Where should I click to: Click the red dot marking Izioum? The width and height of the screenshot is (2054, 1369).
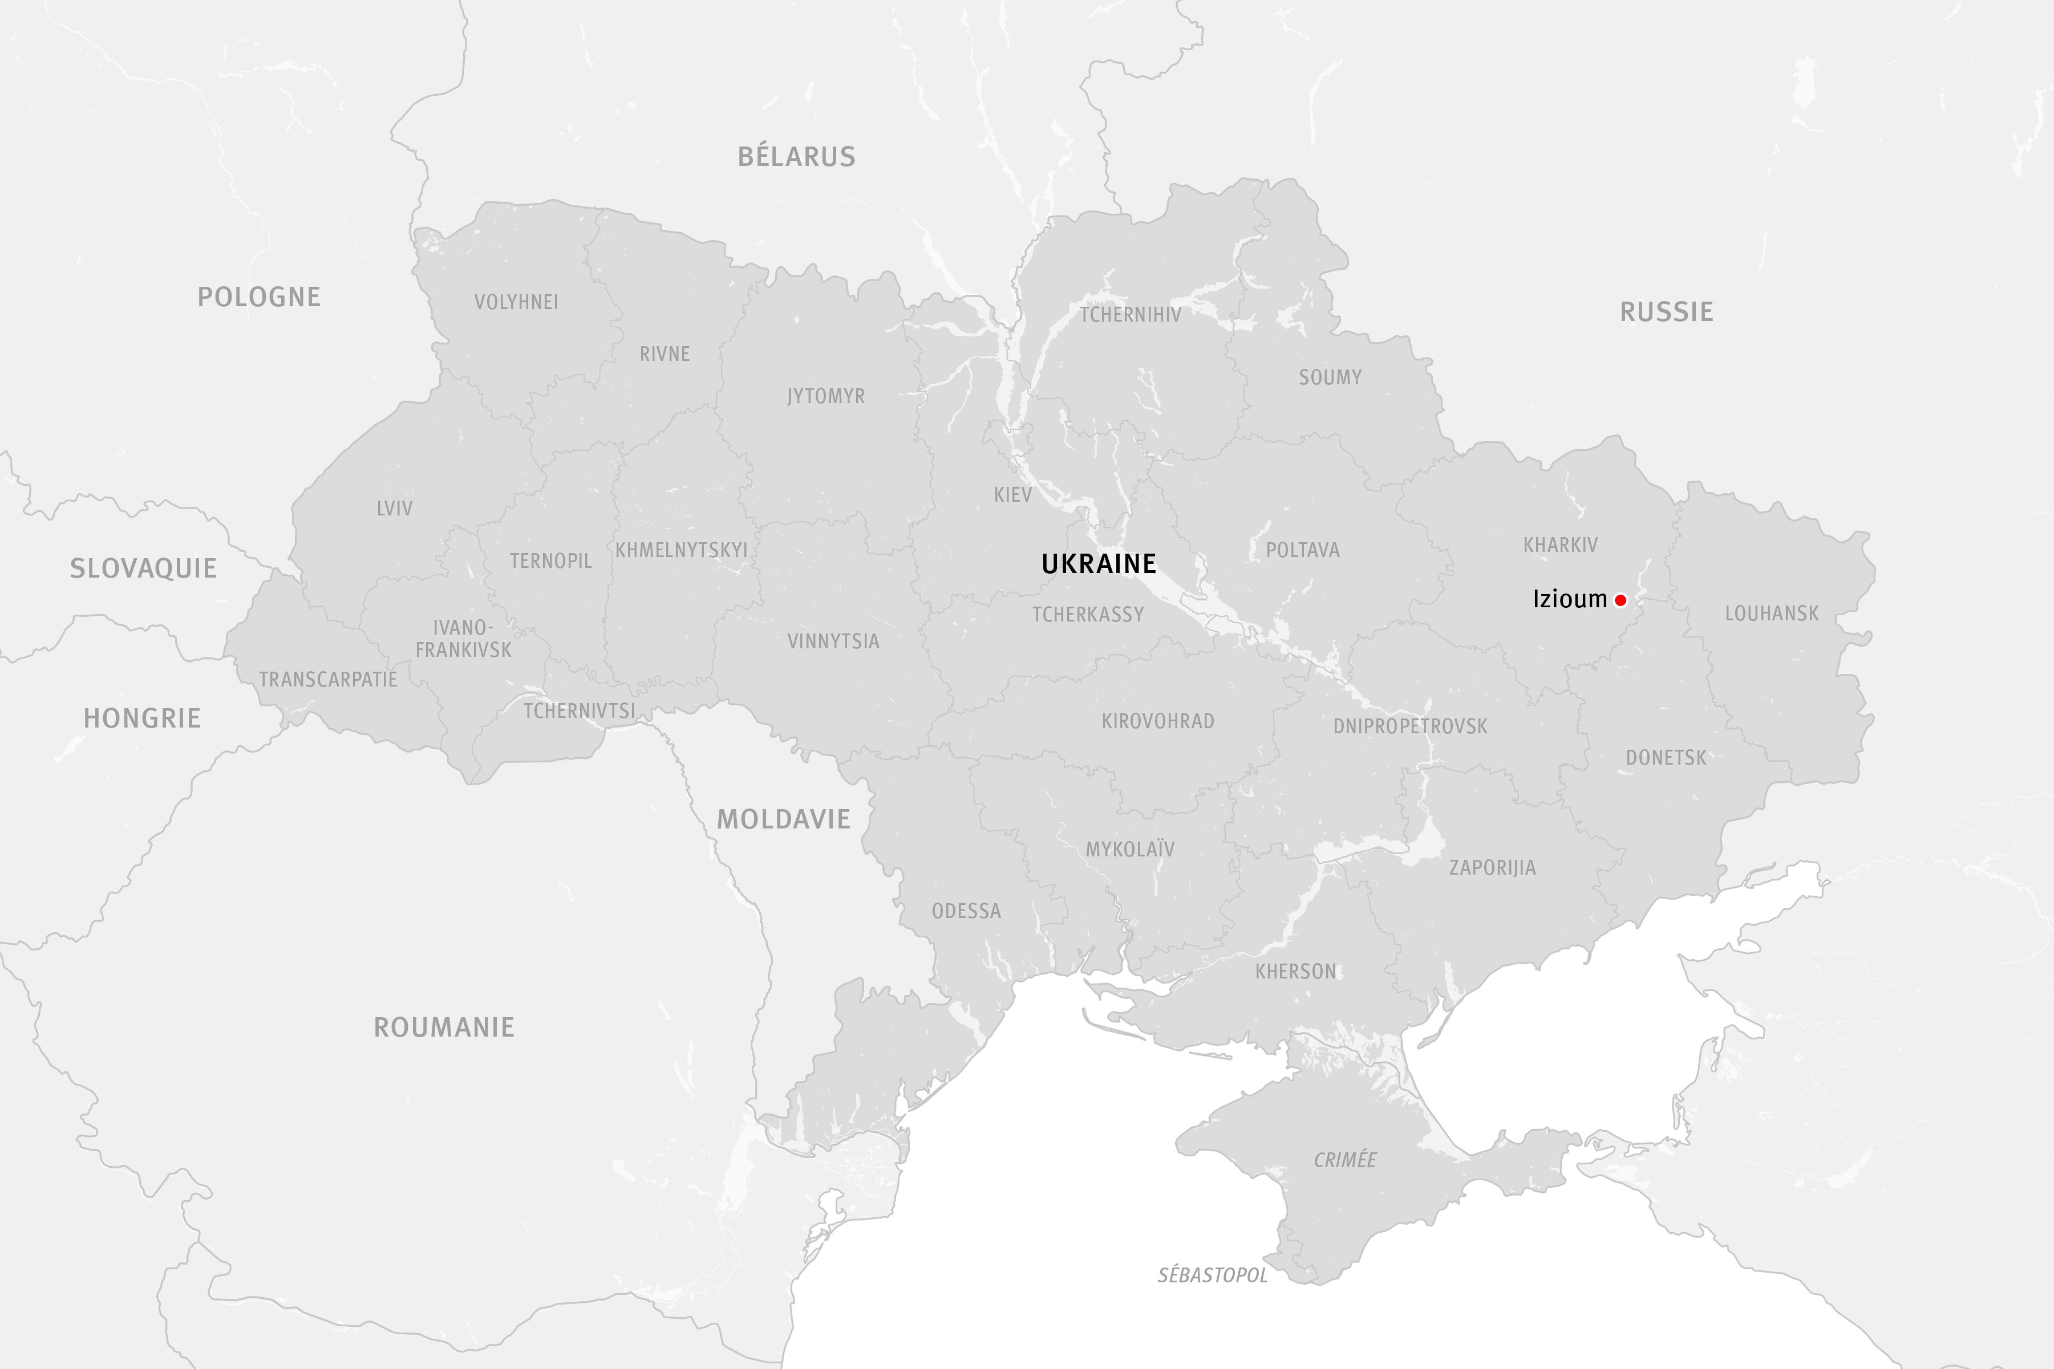pos(1620,600)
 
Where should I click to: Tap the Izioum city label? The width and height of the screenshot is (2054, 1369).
pos(1569,599)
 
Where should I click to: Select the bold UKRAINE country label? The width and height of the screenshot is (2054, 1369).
pos(1099,564)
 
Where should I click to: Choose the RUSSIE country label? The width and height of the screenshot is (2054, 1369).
pos(1666,312)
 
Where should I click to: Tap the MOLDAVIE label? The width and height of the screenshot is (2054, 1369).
pos(783,819)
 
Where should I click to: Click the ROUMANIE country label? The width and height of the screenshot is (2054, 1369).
pos(444,1027)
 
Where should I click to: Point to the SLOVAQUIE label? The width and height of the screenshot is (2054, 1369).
pos(143,568)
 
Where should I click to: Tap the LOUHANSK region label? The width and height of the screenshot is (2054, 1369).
pos(1772,613)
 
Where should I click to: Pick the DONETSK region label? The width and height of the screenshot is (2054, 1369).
pos(1666,757)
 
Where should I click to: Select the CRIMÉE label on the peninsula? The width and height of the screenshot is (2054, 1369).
pos(1345,1160)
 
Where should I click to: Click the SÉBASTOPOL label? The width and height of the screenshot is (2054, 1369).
pos(1212,1275)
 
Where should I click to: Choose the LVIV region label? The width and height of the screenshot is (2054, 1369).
pos(395,508)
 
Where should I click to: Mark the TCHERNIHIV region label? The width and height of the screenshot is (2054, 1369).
pos(1130,314)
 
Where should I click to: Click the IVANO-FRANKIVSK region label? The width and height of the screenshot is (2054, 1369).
pos(463,638)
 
